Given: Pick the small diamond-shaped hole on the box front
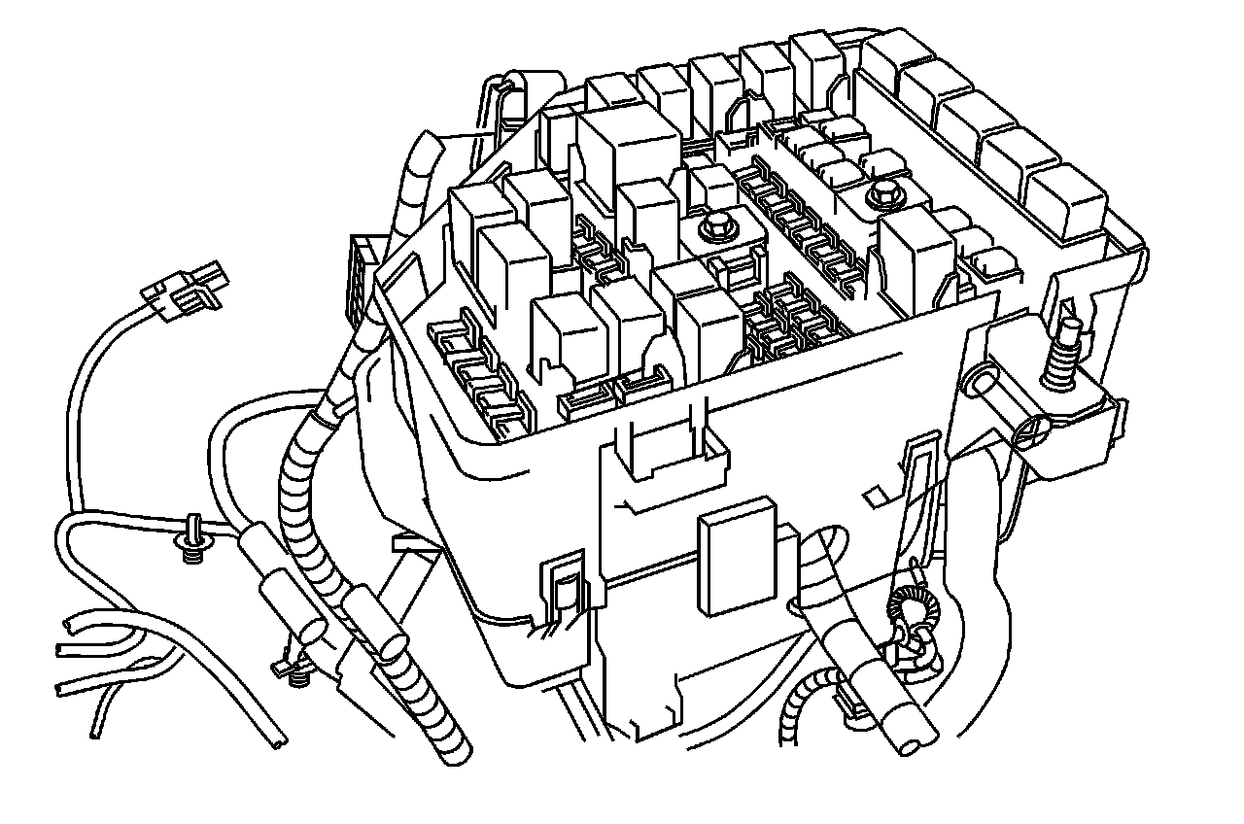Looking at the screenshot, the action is pos(875,496).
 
